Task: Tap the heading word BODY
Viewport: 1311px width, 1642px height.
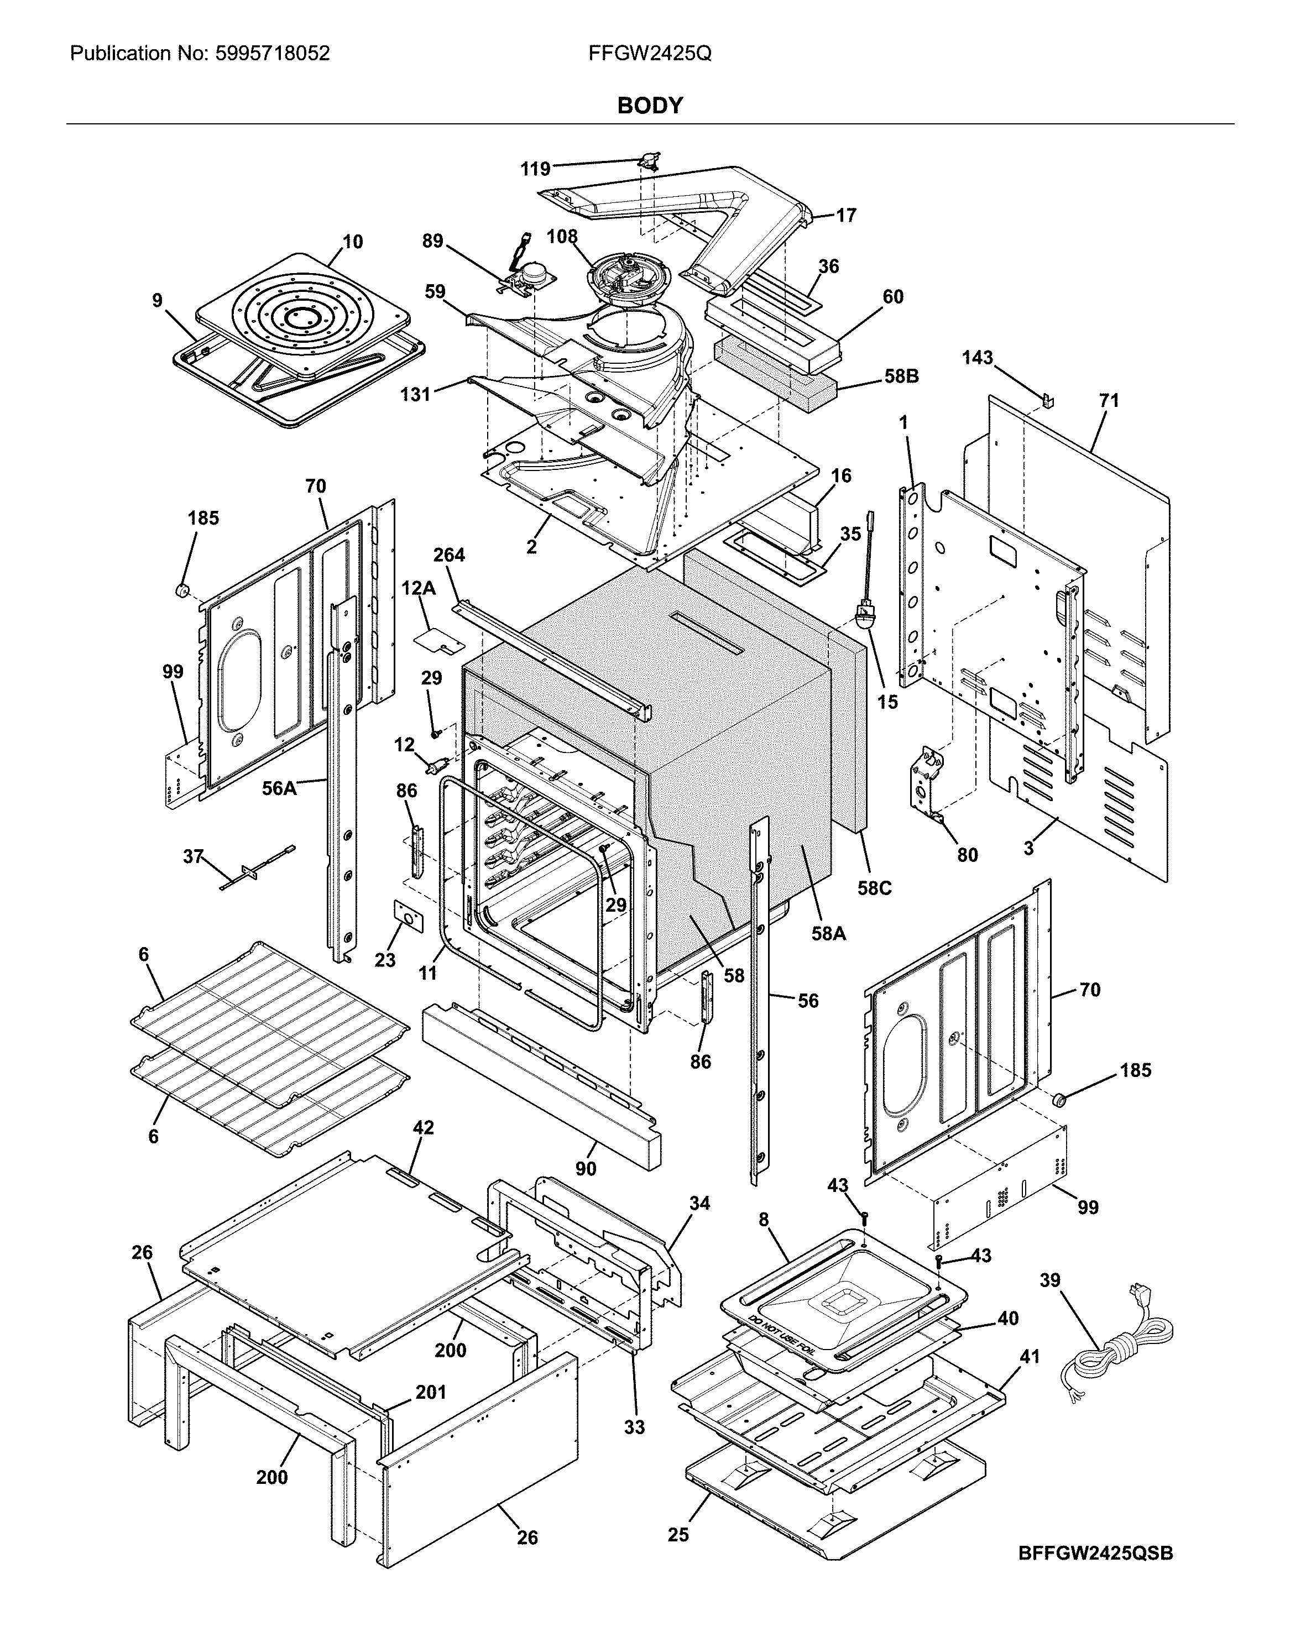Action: point(650,106)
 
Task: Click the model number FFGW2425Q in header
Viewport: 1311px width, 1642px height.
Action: point(650,53)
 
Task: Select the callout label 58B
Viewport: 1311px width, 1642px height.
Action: point(901,376)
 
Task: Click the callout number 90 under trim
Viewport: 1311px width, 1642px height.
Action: point(585,1168)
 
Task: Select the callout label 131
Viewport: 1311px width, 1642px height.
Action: point(415,395)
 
